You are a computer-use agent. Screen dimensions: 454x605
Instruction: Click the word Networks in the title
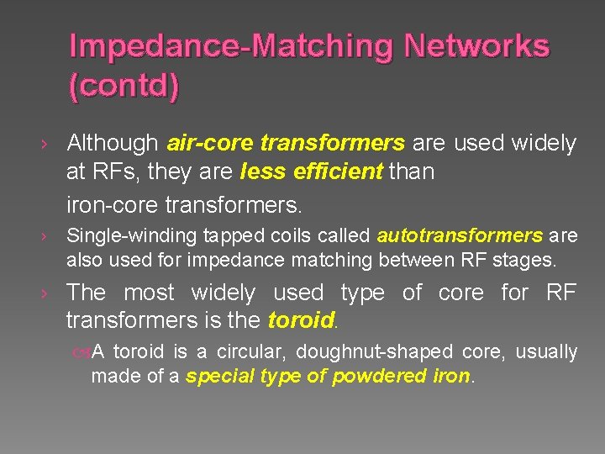point(476,45)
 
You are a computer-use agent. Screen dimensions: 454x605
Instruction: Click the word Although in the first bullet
point(113,144)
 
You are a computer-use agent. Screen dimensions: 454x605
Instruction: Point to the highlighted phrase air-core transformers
point(287,144)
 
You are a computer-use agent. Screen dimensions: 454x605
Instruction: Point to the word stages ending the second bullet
point(528,261)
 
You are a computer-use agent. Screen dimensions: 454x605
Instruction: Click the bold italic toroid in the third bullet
point(301,321)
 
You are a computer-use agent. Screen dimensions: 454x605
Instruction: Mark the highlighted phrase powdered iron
point(402,377)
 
